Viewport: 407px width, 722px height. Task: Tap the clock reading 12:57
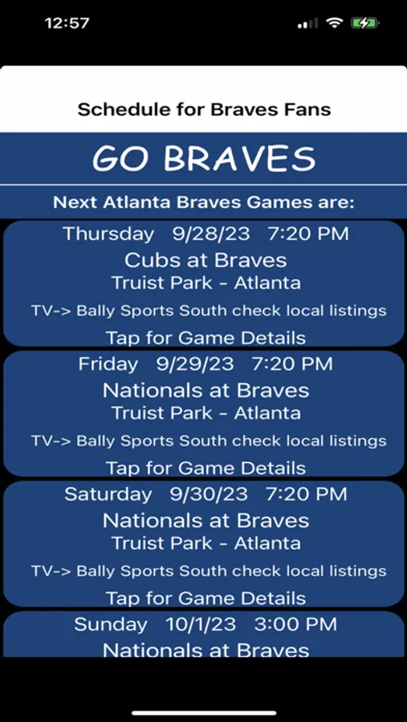click(x=67, y=23)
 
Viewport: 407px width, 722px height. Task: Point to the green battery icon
click(x=364, y=23)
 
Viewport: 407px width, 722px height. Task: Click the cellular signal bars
click(x=308, y=23)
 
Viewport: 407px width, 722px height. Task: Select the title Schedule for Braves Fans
click(x=204, y=110)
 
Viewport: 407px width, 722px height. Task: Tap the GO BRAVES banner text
click(x=204, y=158)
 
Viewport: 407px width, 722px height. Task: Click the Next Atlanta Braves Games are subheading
click(x=204, y=203)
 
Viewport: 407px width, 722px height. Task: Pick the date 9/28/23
click(x=211, y=234)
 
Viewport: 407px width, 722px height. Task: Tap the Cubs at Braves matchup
click(x=206, y=261)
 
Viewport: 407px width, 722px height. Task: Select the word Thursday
click(x=109, y=234)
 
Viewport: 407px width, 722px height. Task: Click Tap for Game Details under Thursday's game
click(x=206, y=338)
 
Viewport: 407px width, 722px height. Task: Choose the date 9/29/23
click(x=195, y=364)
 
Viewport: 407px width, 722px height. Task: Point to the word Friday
click(x=108, y=365)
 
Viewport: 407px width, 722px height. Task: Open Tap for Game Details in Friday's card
click(x=206, y=468)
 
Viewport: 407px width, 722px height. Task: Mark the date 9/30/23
click(x=209, y=494)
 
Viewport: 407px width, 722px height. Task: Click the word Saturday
click(x=108, y=495)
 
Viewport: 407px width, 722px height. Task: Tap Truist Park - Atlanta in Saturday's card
click(x=206, y=543)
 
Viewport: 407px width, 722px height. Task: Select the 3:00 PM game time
click(x=295, y=625)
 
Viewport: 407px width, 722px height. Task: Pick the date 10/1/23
click(x=201, y=625)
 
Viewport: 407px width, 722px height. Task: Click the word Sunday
click(x=111, y=625)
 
